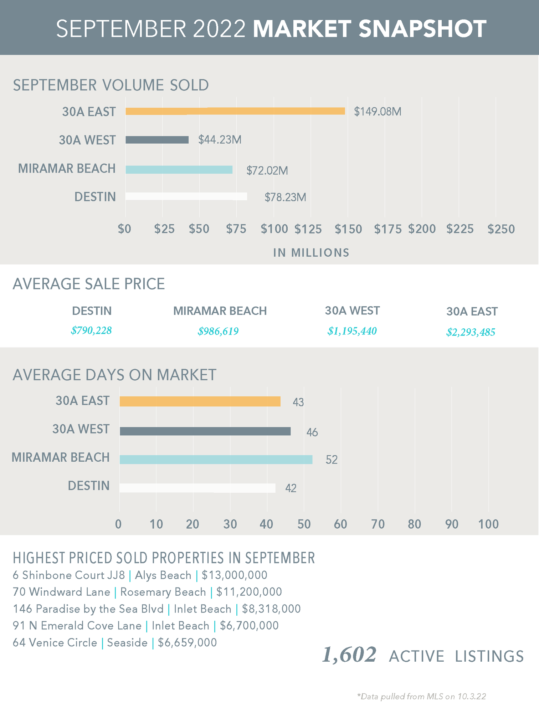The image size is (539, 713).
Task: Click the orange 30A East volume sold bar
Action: (x=235, y=111)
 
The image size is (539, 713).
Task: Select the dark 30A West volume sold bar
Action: (x=157, y=140)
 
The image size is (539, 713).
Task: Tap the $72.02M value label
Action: (x=267, y=170)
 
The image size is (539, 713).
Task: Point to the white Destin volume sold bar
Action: (x=186, y=196)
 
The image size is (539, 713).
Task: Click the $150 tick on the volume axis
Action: (x=348, y=229)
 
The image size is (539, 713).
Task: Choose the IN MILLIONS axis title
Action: (x=311, y=252)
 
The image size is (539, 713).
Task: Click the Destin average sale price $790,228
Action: (x=91, y=330)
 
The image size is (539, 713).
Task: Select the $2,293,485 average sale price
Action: (x=471, y=332)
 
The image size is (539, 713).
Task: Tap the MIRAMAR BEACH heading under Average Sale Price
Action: (x=220, y=311)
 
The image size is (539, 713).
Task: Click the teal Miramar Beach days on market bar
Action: (x=216, y=460)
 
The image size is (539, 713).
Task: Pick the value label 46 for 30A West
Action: (x=312, y=432)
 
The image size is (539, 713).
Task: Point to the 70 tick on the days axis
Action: (x=378, y=524)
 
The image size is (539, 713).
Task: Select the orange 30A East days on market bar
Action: (x=200, y=401)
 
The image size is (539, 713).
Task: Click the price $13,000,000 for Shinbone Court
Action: (x=235, y=575)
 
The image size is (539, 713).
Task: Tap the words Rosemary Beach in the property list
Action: (x=163, y=592)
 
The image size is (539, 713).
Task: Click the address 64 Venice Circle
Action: (x=55, y=642)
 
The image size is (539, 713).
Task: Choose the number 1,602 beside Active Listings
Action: (x=349, y=655)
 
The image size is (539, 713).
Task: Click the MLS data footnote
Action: (x=421, y=696)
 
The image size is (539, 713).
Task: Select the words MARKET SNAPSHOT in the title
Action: (x=369, y=29)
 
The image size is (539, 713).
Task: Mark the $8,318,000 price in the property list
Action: (x=271, y=609)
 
